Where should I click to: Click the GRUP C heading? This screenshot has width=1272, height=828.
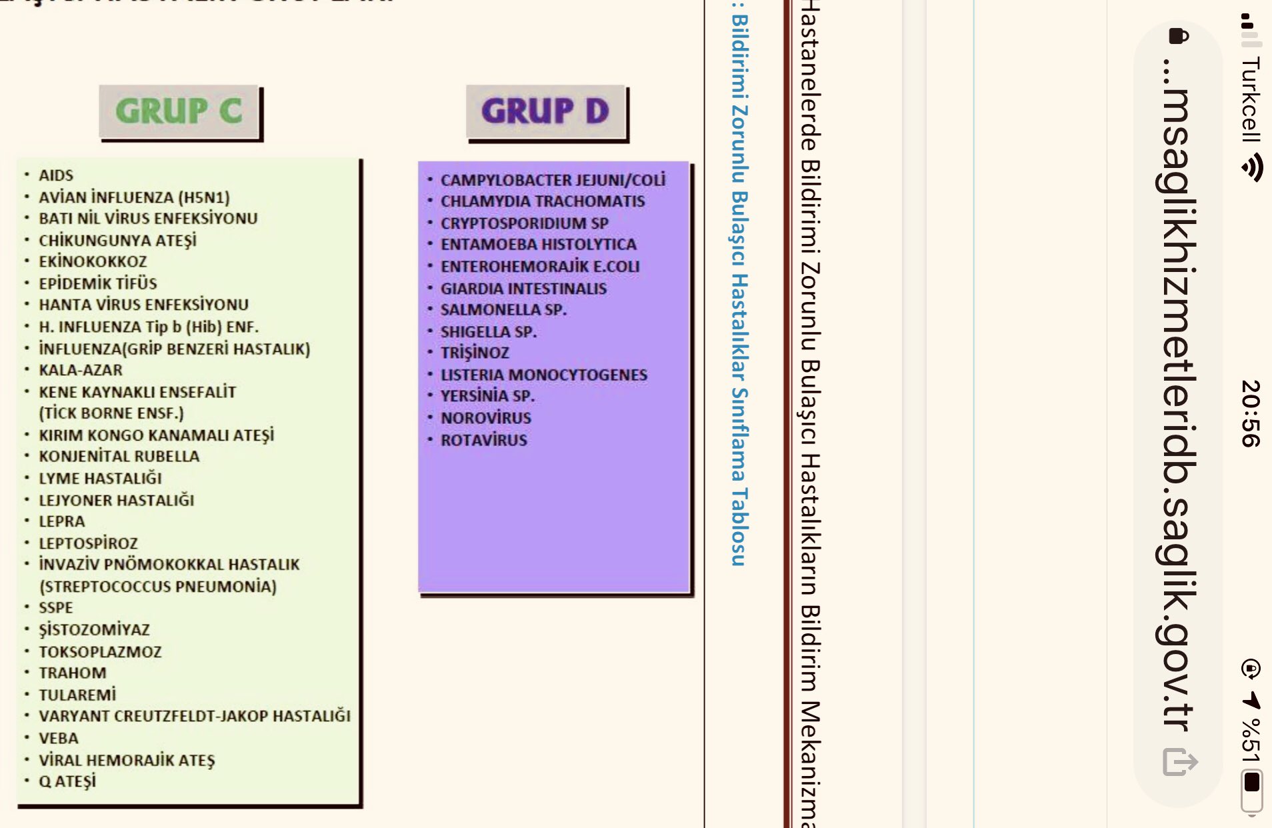coord(179,111)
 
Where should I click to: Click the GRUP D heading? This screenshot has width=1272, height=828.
coord(545,111)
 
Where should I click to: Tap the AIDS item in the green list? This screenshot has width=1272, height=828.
coord(56,175)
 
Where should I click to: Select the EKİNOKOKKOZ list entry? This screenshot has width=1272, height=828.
coord(93,261)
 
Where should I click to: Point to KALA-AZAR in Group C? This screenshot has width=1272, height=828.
coord(81,370)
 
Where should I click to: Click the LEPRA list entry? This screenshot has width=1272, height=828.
coord(62,521)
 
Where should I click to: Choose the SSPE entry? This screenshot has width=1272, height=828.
coord(56,608)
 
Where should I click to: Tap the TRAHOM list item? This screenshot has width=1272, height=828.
coord(73,673)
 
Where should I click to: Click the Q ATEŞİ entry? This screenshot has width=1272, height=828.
coord(67,781)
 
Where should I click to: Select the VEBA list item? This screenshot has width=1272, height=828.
coord(59,738)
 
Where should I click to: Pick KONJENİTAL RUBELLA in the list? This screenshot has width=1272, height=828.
coord(119,457)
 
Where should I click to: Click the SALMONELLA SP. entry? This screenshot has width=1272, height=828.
coord(503,310)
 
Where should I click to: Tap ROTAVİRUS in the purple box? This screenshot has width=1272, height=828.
coord(484,440)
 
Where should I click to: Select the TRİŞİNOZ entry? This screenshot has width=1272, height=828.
coord(475,353)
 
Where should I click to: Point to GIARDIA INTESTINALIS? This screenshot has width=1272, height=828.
coord(523,289)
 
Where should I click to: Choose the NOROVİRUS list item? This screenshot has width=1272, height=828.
coord(486,418)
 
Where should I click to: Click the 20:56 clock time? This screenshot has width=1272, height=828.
coord(1251,413)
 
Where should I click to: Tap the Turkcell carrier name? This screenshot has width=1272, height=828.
coord(1251,99)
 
